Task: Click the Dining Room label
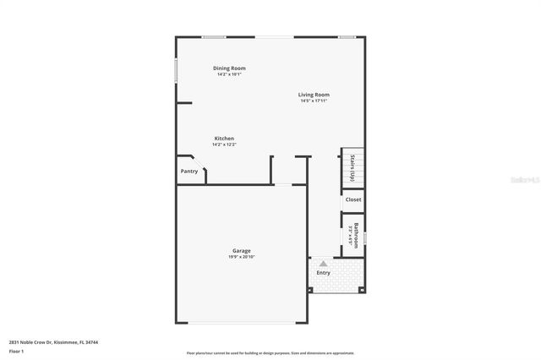tap(230, 68)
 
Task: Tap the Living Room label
tap(314, 95)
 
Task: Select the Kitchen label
tap(224, 139)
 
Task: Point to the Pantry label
tap(189, 172)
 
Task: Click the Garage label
tap(241, 251)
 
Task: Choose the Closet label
tap(353, 200)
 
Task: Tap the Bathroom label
tap(357, 232)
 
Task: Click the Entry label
tap(324, 273)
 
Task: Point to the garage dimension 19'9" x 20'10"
tap(241, 257)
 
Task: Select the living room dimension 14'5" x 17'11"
tap(314, 101)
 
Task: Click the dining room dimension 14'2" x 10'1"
tap(230, 74)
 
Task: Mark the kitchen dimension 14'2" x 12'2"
tap(224, 145)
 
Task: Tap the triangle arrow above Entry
tap(323, 264)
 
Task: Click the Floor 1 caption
tap(16, 350)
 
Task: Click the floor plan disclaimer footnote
tap(270, 352)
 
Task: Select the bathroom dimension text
tap(350, 233)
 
